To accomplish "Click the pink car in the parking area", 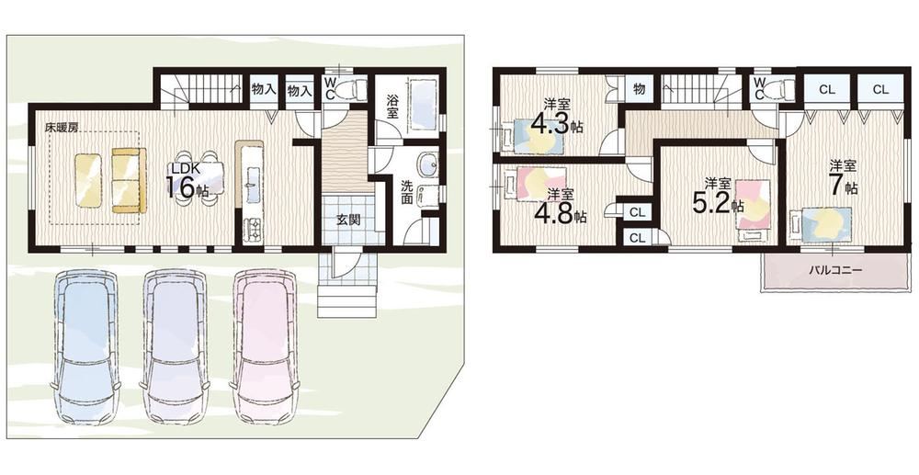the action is tap(267, 346).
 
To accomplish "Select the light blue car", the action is tap(85, 346).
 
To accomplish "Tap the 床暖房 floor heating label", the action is tap(64, 127).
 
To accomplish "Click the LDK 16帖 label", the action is tap(188, 180).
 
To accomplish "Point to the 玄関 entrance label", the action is tap(348, 221).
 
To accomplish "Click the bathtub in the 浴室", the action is tap(423, 107).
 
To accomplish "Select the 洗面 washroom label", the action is tap(407, 191).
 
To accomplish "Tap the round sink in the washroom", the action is tap(426, 164).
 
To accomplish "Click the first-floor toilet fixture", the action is tap(352, 90).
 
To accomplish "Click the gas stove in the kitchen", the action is tap(254, 229).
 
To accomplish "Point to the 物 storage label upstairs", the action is tap(640, 90).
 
